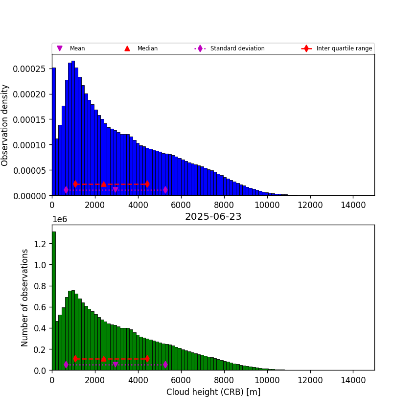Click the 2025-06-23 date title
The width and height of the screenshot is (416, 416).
click(x=213, y=217)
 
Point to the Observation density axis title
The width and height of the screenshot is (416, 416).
click(x=5, y=125)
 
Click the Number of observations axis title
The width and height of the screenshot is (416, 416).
click(x=25, y=298)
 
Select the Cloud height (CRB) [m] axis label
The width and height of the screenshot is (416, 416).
click(x=213, y=392)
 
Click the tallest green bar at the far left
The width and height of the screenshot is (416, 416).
click(x=54, y=299)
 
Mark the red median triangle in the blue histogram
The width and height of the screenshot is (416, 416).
click(x=104, y=184)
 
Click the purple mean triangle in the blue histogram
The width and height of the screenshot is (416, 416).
click(x=116, y=190)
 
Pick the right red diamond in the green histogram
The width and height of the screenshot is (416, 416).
click(x=147, y=359)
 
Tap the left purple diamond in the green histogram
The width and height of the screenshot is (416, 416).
click(x=66, y=365)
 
